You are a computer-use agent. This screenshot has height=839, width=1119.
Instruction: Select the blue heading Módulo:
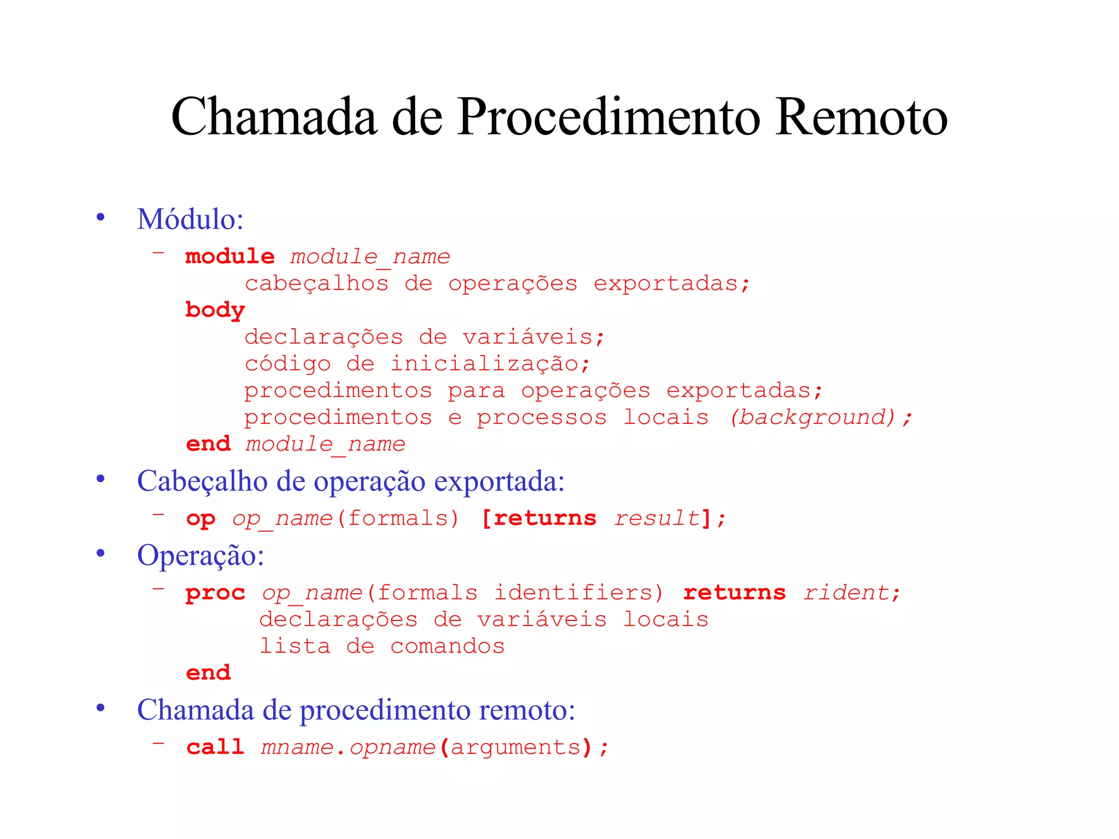coord(190,219)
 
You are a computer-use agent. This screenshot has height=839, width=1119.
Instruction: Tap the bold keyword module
coord(230,256)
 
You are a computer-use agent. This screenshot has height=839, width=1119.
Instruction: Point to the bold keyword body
coord(215,310)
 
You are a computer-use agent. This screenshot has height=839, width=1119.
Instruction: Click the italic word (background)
coord(813,417)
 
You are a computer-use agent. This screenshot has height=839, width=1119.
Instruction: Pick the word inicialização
coord(484,364)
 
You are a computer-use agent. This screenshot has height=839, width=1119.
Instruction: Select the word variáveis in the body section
coord(527,337)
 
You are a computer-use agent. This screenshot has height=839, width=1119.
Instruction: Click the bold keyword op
coord(201,519)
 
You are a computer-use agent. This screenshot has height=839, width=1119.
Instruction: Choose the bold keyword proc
coord(215,593)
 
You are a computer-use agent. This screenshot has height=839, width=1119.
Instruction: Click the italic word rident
coord(846,593)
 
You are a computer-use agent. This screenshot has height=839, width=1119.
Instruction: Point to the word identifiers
coord(578,593)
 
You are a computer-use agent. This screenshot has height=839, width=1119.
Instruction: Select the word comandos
coord(447,646)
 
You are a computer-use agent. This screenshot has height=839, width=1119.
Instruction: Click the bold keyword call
coord(215,747)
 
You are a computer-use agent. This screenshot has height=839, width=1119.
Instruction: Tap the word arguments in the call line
coord(516,747)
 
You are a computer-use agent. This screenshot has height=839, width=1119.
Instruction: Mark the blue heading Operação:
coord(201,556)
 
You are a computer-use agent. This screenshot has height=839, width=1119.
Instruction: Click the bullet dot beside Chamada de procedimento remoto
coord(101,708)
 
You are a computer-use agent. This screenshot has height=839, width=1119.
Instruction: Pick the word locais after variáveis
coord(665,619)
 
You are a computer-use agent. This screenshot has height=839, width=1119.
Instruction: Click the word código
coord(287,364)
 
